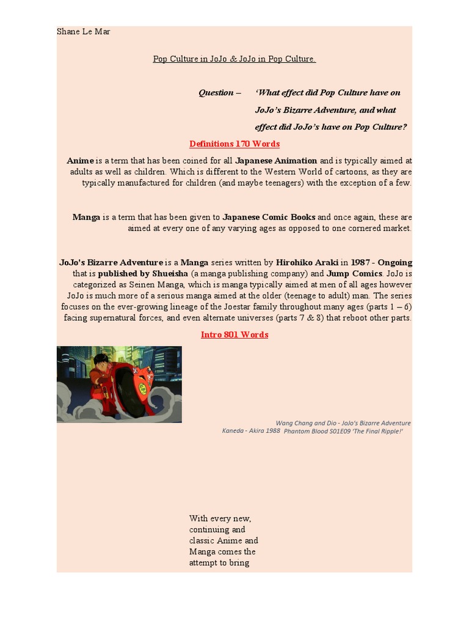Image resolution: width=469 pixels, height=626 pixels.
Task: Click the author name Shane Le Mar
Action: [x=84, y=31]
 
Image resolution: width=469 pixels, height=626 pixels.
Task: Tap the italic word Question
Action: [x=216, y=92]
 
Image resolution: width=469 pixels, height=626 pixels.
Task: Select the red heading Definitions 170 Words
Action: [x=234, y=144]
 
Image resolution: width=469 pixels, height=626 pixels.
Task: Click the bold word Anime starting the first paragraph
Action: [x=80, y=161]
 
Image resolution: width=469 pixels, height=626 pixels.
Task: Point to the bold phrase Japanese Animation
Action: [x=277, y=161]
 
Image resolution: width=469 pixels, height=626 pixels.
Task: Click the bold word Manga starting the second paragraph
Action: [x=86, y=217]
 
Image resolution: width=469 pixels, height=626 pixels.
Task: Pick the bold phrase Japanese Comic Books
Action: [x=269, y=217]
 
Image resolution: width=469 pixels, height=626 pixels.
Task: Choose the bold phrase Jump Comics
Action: [x=355, y=273]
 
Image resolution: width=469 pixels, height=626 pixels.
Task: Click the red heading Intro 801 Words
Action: [x=234, y=334]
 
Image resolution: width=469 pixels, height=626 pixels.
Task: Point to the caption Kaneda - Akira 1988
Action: [x=251, y=430]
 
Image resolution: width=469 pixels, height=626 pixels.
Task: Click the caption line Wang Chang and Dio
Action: [x=343, y=422]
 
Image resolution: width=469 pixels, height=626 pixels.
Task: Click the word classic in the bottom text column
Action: [x=202, y=540]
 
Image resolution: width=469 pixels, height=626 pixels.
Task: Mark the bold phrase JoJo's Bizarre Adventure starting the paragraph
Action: [x=111, y=262]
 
